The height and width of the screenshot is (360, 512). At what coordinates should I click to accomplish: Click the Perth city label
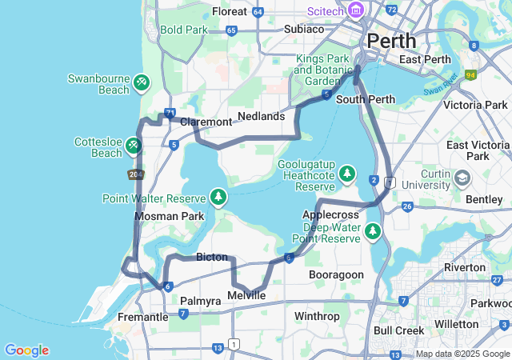391,40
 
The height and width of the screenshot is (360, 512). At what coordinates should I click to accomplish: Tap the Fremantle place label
143,317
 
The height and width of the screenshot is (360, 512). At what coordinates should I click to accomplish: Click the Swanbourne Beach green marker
142,82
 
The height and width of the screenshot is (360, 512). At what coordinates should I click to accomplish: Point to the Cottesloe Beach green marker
134,145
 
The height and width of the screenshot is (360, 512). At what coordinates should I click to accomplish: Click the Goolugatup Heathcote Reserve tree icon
346,173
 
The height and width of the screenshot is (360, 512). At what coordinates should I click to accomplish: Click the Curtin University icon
463,178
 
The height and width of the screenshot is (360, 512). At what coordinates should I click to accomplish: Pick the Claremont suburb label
206,122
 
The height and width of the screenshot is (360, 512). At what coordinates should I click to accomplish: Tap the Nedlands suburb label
262,116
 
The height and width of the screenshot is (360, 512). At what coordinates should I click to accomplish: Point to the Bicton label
212,257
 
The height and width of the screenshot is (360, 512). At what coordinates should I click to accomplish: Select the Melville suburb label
246,295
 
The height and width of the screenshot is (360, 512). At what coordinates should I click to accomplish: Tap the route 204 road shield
135,174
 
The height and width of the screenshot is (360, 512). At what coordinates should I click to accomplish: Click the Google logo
26,350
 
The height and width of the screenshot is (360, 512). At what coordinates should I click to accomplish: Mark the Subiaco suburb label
304,29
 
